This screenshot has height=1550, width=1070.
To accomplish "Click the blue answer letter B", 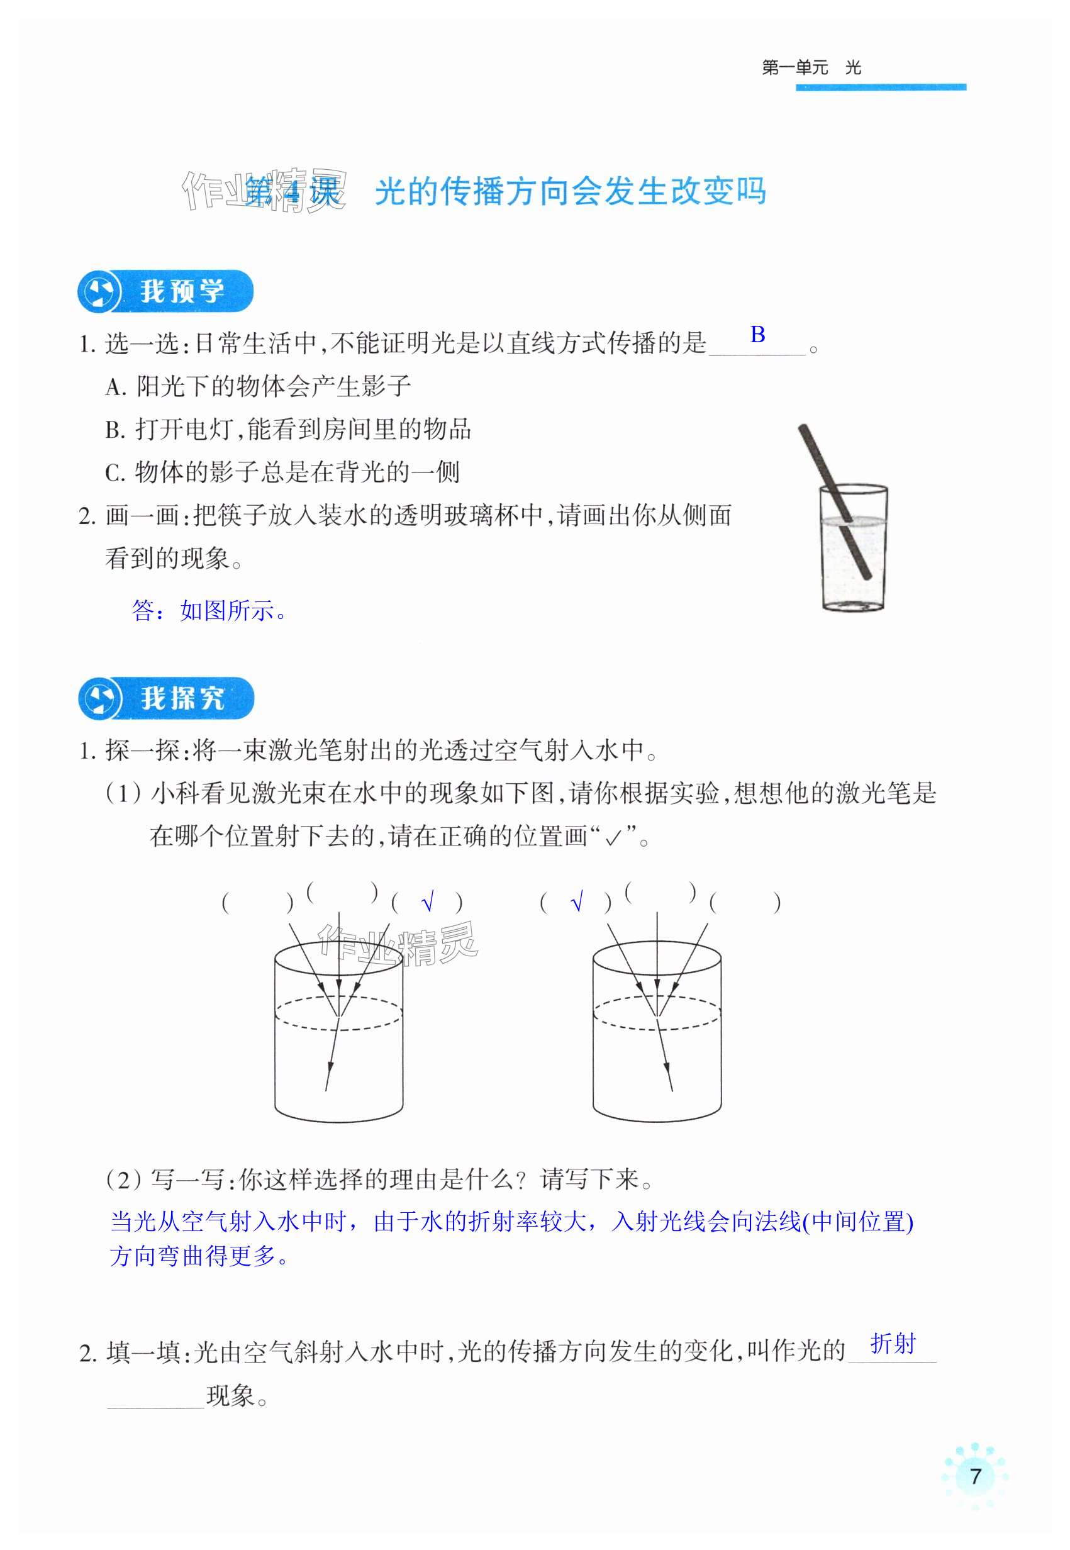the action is point(757,334).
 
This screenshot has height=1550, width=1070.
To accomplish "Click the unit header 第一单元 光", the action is point(811,68).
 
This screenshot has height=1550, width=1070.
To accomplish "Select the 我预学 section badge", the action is point(165,292).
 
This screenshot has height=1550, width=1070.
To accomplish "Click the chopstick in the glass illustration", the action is point(834,501).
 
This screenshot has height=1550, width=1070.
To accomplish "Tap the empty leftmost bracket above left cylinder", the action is point(257,902).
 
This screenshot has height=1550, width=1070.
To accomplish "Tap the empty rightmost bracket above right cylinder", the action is point(745,902).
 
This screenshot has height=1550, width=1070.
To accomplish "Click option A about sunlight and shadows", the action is point(258,386).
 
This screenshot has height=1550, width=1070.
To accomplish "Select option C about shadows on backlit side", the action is point(282,472).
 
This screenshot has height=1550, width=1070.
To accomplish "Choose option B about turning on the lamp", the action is point(288,429).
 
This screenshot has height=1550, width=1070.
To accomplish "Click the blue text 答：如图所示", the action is point(209,611).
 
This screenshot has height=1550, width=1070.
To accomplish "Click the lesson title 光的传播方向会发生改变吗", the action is point(571,192).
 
